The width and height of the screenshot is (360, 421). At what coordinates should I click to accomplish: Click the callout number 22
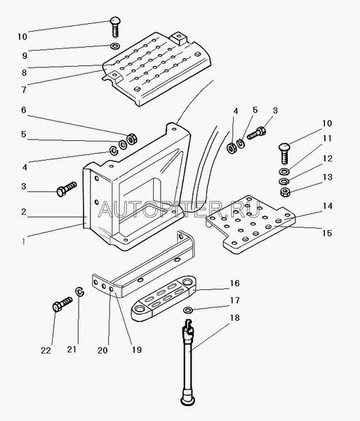point(46,350)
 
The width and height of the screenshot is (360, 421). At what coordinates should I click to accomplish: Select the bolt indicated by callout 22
point(62,305)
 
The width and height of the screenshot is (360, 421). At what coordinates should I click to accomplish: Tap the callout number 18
point(234,318)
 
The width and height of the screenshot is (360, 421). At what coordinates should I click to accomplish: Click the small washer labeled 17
point(187,310)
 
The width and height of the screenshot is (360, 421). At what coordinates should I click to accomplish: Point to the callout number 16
point(234,283)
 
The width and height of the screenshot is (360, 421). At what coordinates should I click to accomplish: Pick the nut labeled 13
point(285,192)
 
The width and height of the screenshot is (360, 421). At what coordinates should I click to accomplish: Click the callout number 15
point(327,233)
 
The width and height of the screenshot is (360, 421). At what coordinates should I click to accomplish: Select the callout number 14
point(327,206)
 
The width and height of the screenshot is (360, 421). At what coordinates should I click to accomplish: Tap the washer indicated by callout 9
point(115,46)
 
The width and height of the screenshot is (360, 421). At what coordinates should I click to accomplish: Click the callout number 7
point(24,90)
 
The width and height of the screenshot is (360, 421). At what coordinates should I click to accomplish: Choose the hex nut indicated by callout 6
point(132,139)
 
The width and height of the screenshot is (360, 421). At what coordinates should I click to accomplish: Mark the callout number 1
point(24,241)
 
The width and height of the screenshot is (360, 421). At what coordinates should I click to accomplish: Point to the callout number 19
point(137,349)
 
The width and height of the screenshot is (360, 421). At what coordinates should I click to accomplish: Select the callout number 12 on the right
point(328,158)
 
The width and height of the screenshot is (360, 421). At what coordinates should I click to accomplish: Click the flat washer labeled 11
point(284,171)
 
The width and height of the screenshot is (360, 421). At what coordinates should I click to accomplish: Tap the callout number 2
point(24,212)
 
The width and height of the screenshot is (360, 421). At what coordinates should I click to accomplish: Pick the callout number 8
point(24,72)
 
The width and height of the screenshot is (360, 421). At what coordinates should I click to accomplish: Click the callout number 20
point(102,350)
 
